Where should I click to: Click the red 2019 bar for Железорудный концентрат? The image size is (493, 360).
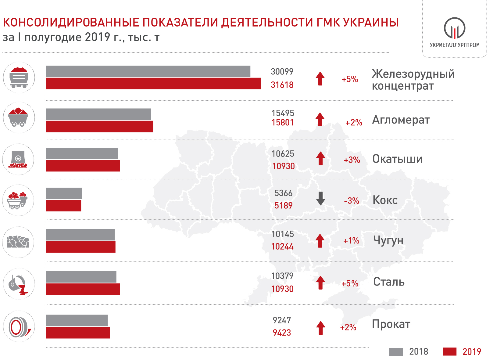pos(153,84)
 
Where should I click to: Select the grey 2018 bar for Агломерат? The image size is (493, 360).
pos(98,114)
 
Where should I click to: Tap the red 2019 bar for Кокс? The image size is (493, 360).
pos(63,206)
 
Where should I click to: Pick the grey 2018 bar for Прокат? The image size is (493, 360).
pos(77,320)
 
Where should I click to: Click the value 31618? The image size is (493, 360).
pos(282,85)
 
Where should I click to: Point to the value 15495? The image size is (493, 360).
pos(283,113)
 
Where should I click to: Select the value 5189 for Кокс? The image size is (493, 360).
pos(283,206)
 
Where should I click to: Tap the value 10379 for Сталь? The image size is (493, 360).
pos(282,276)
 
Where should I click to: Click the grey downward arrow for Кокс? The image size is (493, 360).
pos(320,199)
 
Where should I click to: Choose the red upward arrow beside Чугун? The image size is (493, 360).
pos(320,241)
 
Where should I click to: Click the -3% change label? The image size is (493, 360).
pos(351,201)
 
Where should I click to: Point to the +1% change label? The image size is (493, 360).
pos(351,241)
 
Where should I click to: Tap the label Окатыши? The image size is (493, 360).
pos(397,159)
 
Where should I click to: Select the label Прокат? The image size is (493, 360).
pos(391,324)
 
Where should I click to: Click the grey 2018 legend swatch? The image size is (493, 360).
pos(396,352)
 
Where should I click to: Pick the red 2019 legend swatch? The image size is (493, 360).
pos(449,352)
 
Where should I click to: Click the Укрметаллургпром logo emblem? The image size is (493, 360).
pos(454,28)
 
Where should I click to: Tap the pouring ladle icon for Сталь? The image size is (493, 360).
pos(19,284)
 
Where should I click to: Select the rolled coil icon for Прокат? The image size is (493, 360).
pos(19,326)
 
